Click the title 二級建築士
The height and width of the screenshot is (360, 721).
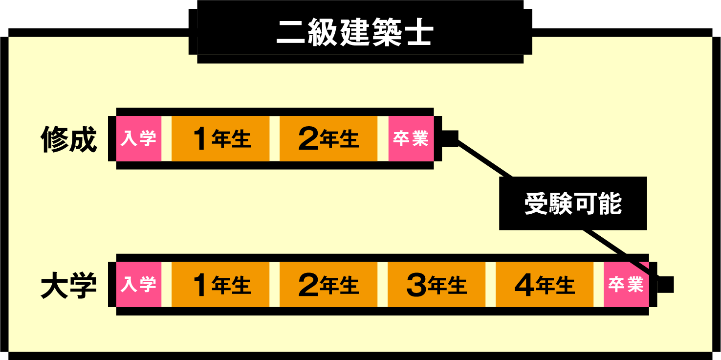(355, 33)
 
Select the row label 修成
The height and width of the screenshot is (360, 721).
(68, 139)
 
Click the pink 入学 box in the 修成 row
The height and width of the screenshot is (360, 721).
(139, 139)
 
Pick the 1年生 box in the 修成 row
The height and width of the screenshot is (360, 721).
(220, 139)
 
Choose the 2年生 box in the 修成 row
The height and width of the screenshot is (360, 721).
(328, 139)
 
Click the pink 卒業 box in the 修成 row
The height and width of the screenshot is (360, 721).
(411, 139)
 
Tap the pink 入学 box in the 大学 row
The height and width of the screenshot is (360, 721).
(139, 285)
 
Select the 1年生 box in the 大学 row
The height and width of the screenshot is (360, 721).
(220, 285)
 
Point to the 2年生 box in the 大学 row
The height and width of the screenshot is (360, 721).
(328, 285)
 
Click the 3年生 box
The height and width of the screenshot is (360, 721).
(437, 285)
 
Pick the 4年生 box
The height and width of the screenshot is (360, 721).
(545, 285)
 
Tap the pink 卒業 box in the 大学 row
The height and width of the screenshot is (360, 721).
(626, 285)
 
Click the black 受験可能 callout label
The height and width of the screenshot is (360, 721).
(573, 203)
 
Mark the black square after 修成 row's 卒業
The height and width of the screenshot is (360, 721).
(450, 138)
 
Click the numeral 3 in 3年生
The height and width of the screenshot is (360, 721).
(416, 286)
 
